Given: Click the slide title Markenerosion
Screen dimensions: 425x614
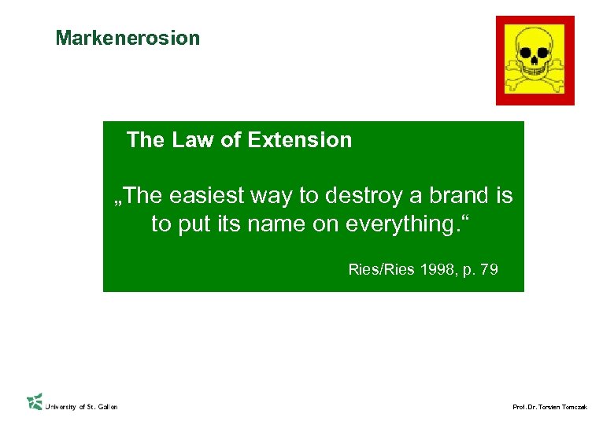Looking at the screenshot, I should (x=128, y=38).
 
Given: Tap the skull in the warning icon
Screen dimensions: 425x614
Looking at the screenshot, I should (x=535, y=50).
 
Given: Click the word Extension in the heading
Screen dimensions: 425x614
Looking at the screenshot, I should (x=299, y=140).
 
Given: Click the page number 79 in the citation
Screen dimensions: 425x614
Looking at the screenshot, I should (x=489, y=270).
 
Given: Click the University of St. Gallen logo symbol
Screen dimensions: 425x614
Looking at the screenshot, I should (x=35, y=401).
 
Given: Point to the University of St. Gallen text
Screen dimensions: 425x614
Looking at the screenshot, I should (x=81, y=407).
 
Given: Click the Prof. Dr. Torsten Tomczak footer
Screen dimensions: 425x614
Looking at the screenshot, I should (x=549, y=407).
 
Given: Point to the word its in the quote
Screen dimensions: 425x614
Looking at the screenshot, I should (x=224, y=224).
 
